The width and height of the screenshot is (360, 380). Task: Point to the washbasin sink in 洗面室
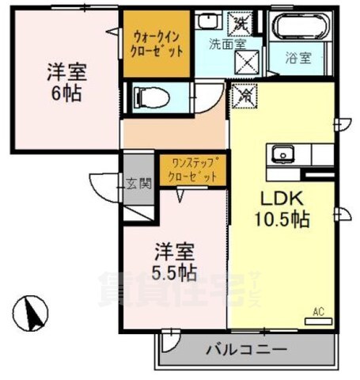pyautogui.click(x=208, y=21)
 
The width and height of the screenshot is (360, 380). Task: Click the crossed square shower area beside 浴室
pyautogui.click(x=251, y=59)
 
